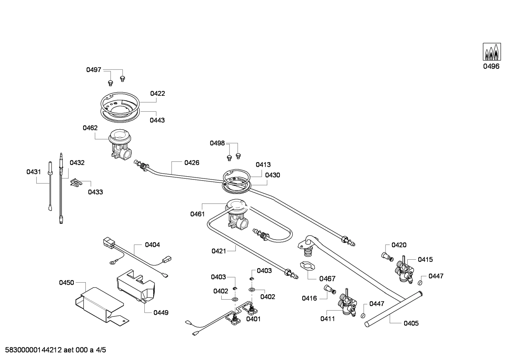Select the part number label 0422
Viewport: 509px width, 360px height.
point(157,94)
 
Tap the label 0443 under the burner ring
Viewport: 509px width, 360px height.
point(157,120)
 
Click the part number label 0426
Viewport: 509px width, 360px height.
point(192,163)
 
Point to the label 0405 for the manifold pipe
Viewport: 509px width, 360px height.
point(411,323)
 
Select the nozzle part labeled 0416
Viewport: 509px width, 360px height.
point(330,289)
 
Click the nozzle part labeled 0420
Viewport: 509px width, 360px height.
point(387,256)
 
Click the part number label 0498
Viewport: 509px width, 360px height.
point(217,143)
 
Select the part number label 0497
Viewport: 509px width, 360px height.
point(94,70)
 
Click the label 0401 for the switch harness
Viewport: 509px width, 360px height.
point(253,319)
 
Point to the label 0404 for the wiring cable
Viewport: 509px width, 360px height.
point(152,244)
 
